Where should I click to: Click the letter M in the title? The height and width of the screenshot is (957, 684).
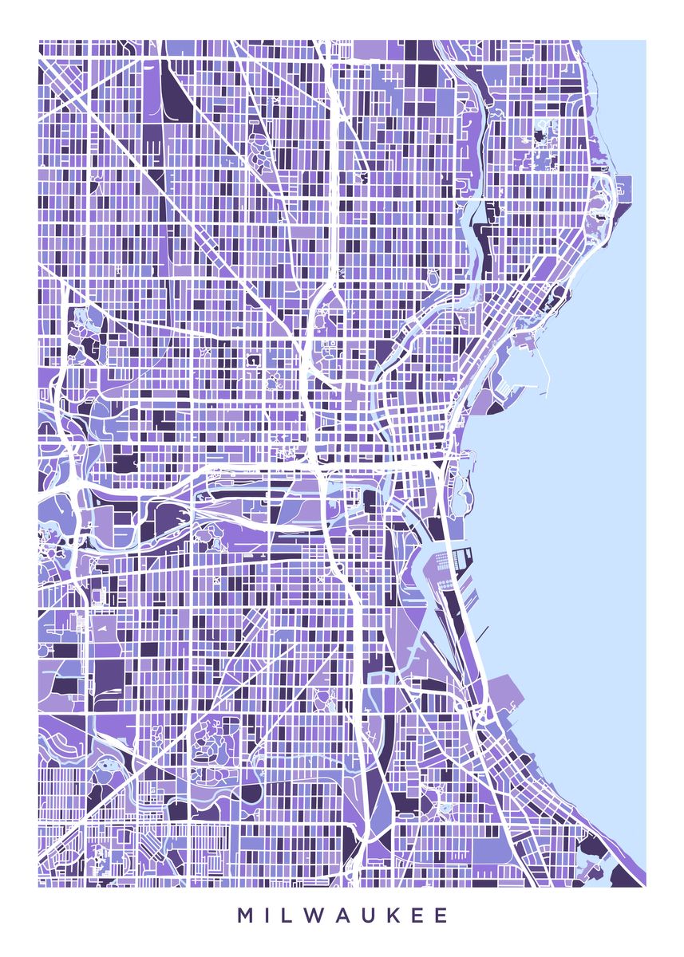coord(244,916)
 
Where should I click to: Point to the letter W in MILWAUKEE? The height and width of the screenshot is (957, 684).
coord(318,916)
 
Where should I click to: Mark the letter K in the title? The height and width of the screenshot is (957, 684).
coord(399,916)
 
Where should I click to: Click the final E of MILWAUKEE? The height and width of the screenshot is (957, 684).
coord(442,916)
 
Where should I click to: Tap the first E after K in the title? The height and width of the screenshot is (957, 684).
coord(421,916)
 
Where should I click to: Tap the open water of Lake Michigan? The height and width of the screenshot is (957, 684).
coord(575,518)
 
